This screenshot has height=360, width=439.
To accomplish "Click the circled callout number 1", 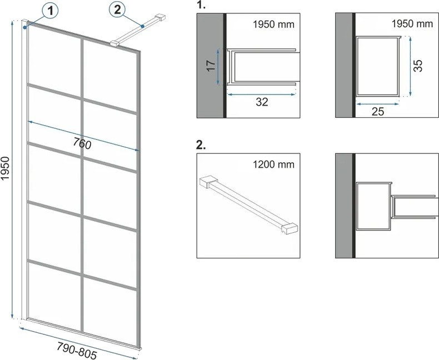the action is tap(51, 12).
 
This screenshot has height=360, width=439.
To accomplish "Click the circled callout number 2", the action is tap(118, 10).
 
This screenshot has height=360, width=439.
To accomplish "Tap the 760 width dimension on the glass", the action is tap(82, 144).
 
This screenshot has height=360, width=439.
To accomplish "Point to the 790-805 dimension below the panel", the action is tap(77, 351).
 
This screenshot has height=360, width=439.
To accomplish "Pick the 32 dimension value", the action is tap(262, 102).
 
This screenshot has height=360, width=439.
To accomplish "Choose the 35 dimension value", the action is tap(418, 66).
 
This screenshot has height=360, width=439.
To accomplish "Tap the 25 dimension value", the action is tap(378, 112).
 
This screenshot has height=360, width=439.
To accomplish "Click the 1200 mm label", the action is tap(273, 164).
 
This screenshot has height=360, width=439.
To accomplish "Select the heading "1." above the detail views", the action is tap(201, 5).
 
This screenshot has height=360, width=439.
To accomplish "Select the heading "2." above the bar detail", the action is tap(201, 145).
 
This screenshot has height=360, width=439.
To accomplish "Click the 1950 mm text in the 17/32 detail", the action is tap(273, 24).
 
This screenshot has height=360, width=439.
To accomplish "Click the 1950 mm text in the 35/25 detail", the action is tap(412, 24).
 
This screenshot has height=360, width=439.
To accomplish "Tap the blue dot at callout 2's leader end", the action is tap(142, 26).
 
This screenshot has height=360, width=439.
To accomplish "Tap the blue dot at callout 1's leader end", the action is tap(25, 27).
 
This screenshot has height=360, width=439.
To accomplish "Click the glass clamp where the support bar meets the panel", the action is tap(115, 43).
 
